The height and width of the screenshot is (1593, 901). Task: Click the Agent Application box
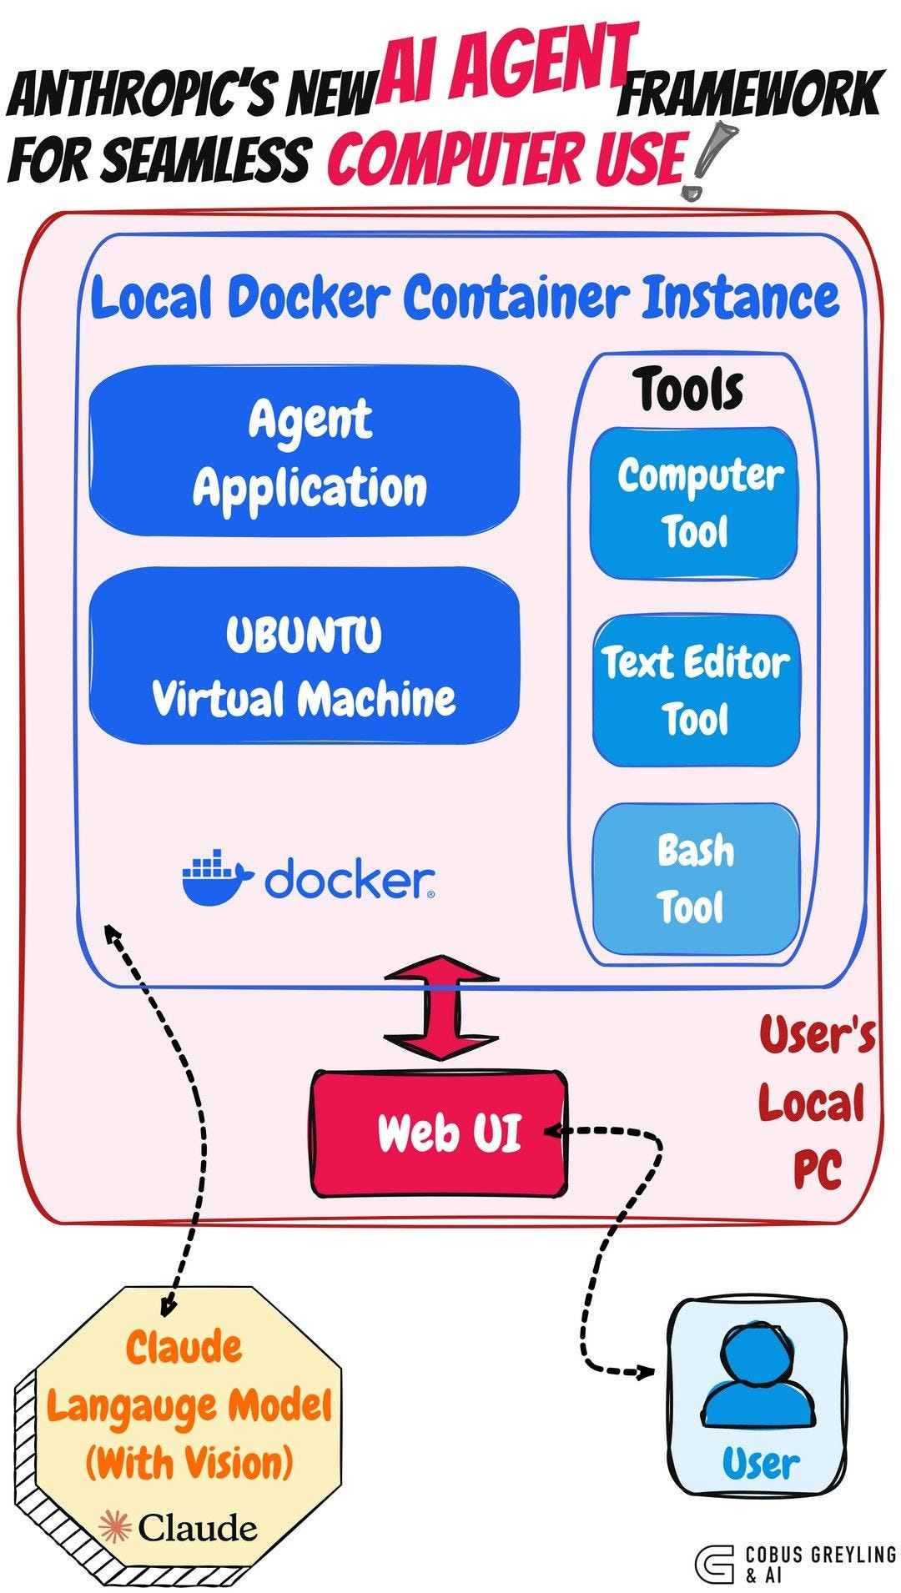(305, 451)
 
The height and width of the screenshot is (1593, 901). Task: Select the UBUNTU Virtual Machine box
(305, 656)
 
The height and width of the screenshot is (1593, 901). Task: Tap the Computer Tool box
(694, 504)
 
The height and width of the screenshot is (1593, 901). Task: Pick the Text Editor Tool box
(696, 691)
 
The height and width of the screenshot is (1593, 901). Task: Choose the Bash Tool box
(696, 878)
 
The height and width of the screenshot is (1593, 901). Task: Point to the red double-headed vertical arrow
(441, 1008)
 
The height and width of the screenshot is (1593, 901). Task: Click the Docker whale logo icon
(215, 878)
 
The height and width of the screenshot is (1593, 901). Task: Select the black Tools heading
(688, 389)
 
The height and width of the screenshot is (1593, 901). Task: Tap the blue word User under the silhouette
(760, 1464)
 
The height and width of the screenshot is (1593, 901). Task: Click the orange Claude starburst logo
(115, 1527)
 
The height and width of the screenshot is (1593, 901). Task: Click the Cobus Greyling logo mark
(714, 1565)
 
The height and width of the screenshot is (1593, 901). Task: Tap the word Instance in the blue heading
(740, 298)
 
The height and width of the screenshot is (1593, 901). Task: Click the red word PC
(817, 1169)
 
